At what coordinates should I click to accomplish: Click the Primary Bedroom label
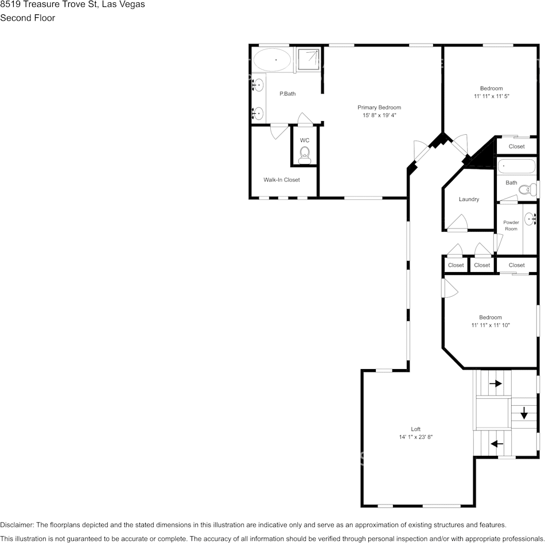379,107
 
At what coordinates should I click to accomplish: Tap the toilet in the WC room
305,153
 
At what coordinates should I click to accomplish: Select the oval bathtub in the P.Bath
273,59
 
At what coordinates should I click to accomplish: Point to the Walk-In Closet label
281,180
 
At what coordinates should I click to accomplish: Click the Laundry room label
469,199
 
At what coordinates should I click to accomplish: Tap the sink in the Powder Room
530,218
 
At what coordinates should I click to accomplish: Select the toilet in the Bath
532,188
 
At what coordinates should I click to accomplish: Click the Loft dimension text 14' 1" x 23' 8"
415,437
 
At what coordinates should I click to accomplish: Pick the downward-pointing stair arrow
524,413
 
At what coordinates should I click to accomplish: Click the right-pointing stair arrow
495,383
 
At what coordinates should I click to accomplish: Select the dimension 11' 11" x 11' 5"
492,96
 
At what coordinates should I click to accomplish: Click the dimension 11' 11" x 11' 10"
490,325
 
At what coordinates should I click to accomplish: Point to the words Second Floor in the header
28,18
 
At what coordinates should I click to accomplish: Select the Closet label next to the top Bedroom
516,146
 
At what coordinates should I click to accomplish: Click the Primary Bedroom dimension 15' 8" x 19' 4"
379,115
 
